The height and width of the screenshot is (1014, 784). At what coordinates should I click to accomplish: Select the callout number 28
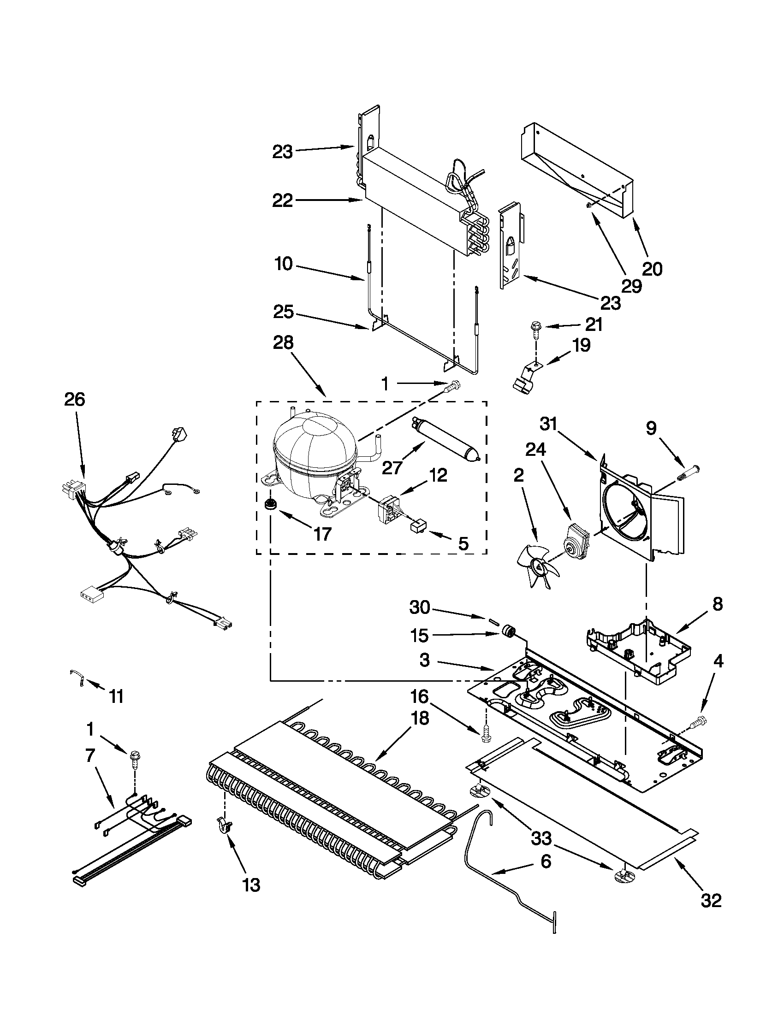point(283,342)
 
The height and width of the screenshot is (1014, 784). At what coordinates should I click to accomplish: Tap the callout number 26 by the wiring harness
point(75,399)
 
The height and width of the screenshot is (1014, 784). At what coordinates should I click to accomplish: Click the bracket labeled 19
point(525,376)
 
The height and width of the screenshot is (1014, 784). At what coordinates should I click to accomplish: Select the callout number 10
point(283,264)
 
